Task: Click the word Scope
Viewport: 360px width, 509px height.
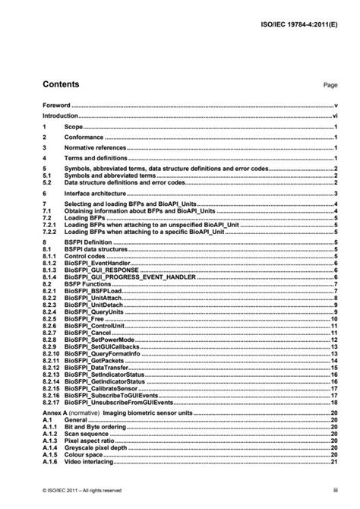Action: pyautogui.click(x=74, y=127)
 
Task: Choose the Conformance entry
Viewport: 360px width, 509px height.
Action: pyautogui.click(x=84, y=137)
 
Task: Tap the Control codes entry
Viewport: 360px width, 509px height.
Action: pyautogui.click(x=84, y=254)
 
